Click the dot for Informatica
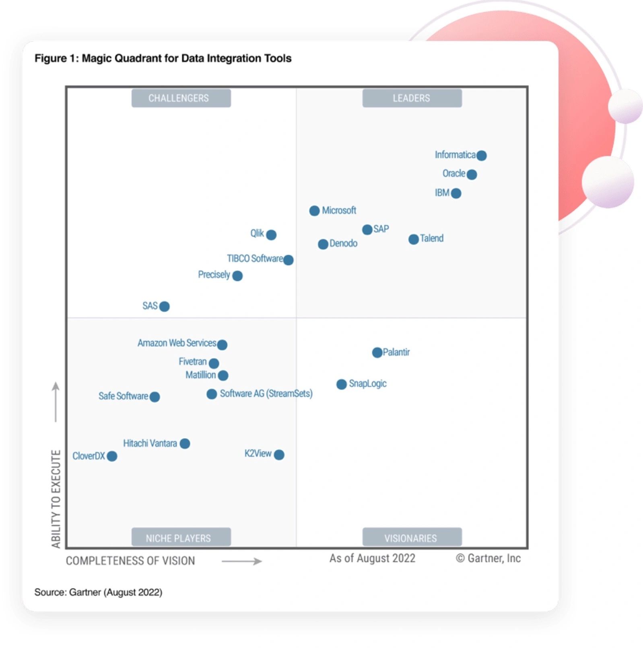[481, 156]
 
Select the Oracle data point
[472, 174]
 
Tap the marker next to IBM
[456, 193]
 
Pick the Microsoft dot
[314, 211]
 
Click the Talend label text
[431, 238]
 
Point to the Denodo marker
[323, 244]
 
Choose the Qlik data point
[271, 235]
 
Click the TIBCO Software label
[255, 258]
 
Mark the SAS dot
[164, 306]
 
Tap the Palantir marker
[377, 353]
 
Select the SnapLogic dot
[341, 384]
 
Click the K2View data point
[279, 455]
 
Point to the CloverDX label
[89, 456]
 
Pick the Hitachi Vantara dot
[185, 443]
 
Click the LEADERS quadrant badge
[412, 98]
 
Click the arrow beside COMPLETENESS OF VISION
[241, 561]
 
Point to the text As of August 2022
[372, 558]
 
